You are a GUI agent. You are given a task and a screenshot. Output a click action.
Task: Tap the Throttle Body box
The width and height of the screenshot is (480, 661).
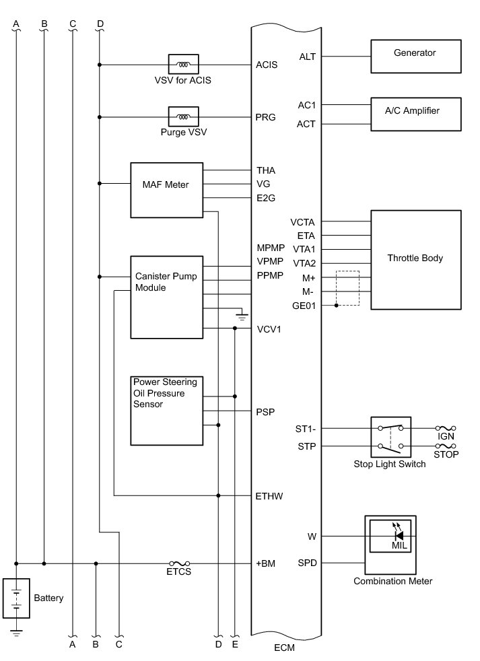415,259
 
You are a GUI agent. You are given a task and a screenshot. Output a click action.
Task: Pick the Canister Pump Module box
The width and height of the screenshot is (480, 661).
166,296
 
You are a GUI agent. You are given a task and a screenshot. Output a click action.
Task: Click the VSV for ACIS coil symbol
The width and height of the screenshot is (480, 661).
182,65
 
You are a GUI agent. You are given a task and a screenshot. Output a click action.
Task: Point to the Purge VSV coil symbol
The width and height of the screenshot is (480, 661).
182,117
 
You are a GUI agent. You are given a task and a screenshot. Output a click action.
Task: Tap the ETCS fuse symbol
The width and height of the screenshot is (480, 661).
179,563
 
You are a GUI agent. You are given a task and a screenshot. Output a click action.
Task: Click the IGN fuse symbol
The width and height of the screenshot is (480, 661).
446,427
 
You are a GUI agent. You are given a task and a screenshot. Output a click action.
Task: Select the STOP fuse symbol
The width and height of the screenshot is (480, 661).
446,446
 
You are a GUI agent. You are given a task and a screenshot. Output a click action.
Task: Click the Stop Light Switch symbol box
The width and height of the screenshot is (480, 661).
390,437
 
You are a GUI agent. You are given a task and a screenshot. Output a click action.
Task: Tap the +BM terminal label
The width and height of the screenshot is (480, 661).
266,563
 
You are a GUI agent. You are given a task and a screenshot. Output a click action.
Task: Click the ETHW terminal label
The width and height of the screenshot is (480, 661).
269,497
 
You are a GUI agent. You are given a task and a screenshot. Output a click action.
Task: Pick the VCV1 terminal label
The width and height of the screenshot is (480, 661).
269,329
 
